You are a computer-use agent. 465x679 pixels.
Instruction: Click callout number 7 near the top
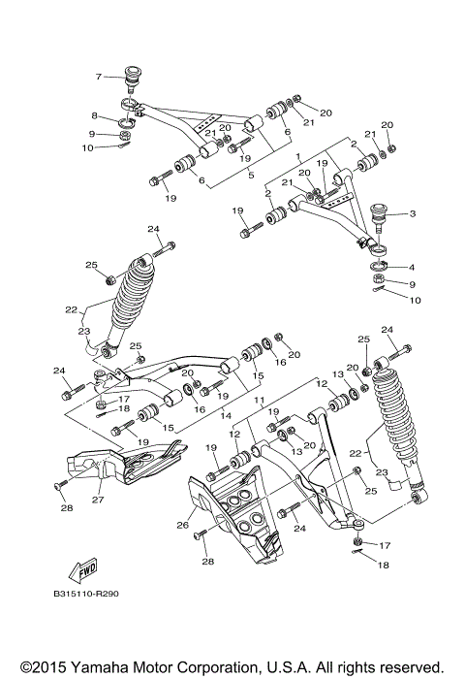click(98, 76)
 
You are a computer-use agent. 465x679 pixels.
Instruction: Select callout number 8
click(95, 115)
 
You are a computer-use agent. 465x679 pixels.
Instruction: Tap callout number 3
click(412, 214)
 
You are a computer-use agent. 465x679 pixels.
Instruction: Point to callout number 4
click(412, 267)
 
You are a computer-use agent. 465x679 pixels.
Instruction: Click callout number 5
click(251, 175)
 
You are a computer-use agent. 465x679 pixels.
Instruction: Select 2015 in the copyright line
click(41, 667)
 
